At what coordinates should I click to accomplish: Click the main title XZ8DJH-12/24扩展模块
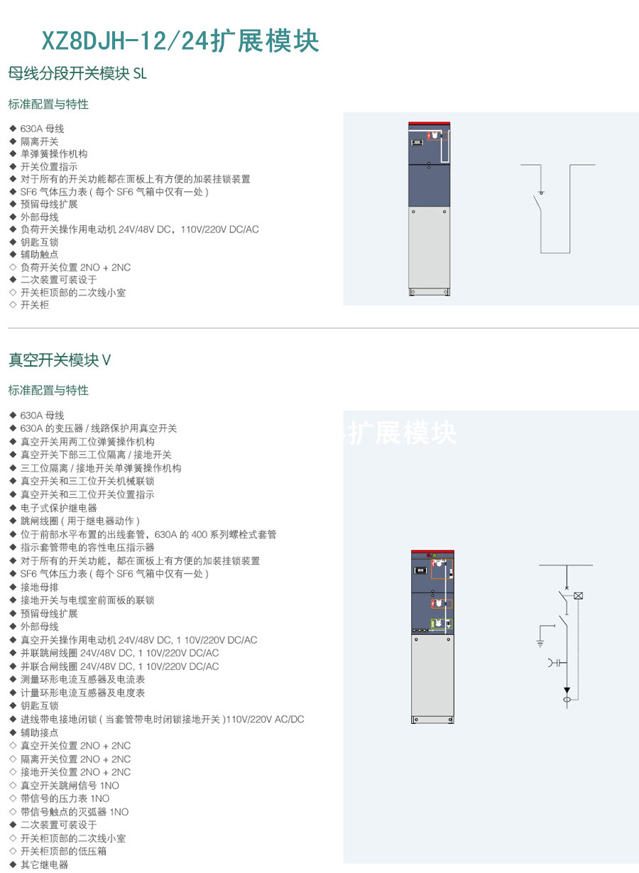coord(180,40)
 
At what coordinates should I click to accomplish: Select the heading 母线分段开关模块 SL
coord(77,73)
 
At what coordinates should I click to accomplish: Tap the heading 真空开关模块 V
coord(60,360)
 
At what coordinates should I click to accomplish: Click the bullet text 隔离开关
coord(39,141)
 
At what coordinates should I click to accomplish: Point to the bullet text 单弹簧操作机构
coord(54,154)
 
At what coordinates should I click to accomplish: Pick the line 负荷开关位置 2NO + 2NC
coord(75,267)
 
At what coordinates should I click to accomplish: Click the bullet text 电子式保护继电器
coord(58,508)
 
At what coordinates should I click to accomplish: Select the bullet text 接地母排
coord(39,587)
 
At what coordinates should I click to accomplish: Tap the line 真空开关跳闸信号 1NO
coord(70,786)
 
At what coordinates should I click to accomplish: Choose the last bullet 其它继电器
coord(44,864)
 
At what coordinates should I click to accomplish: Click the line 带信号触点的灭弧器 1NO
coord(75,812)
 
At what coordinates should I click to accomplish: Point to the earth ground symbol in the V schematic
coord(540,644)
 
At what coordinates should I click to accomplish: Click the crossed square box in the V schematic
coord(579,595)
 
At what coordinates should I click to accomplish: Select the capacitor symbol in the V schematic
coord(557,663)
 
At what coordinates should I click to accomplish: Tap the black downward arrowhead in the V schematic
coord(567,690)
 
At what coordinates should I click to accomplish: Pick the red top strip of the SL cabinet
coord(430,124)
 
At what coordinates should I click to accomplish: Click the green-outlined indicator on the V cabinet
coord(442,624)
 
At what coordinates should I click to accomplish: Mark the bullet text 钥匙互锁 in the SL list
coord(39,242)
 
